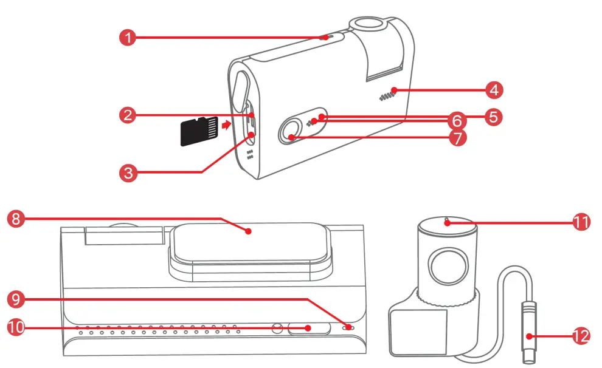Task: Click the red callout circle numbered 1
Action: point(127,37)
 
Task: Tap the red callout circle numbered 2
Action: point(128,115)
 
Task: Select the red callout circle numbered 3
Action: point(127,172)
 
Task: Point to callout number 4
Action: point(494,91)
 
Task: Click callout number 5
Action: point(494,116)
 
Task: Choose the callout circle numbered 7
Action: point(458,137)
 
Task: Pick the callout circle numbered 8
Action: point(16,219)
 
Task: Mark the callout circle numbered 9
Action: point(16,299)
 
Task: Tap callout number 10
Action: point(16,328)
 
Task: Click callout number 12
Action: point(581,335)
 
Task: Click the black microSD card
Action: point(199,131)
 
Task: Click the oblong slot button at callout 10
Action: point(309,329)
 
